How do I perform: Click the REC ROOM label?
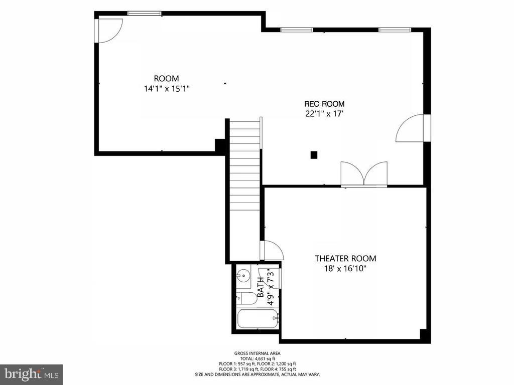(x=324, y=104)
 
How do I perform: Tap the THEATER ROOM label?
(x=345, y=259)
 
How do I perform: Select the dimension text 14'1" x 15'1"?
(x=166, y=89)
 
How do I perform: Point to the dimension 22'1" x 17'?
(x=324, y=114)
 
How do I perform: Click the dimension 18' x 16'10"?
(x=345, y=269)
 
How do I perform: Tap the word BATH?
(x=261, y=288)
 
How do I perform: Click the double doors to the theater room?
(x=364, y=174)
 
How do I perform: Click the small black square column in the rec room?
(x=314, y=155)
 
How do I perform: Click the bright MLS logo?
(x=31, y=374)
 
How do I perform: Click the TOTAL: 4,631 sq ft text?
(x=257, y=359)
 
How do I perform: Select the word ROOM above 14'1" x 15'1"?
(x=166, y=79)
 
